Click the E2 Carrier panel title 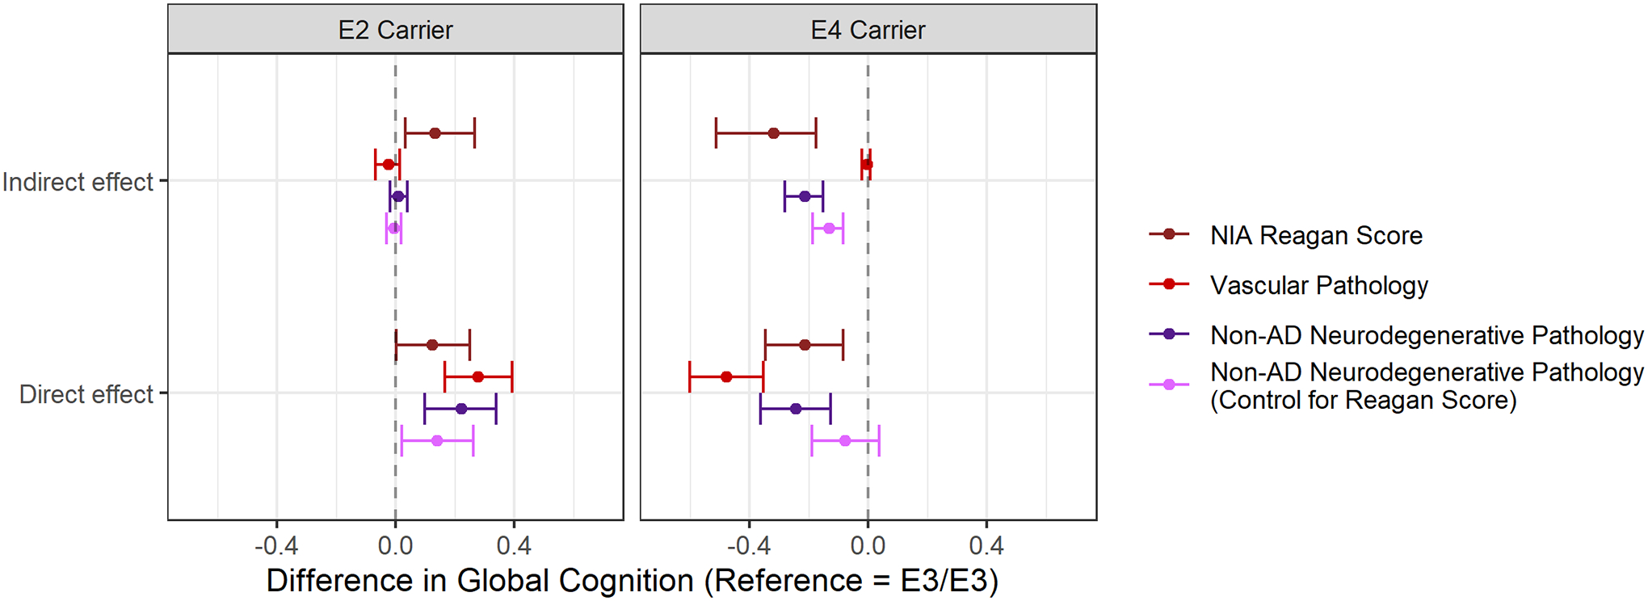tap(395, 30)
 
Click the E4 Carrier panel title tap(868, 30)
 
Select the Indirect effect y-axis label tap(78, 182)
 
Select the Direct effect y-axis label tap(86, 394)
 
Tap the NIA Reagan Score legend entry tap(1316, 235)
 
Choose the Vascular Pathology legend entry tap(1318, 285)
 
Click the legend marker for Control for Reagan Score tap(1168, 385)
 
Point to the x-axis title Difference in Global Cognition tap(632, 580)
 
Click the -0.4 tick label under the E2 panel tap(276, 546)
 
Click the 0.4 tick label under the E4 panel tap(986, 546)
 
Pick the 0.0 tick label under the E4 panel tap(868, 546)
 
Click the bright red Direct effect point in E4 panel tap(726, 377)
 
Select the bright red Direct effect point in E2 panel tap(478, 377)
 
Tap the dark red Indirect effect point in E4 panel tap(774, 133)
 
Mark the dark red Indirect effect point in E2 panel tap(435, 133)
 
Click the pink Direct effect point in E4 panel tap(845, 441)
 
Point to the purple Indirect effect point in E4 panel tap(805, 196)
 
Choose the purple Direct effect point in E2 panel tap(461, 409)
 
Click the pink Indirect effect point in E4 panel tap(829, 229)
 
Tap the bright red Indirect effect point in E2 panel tap(389, 165)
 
